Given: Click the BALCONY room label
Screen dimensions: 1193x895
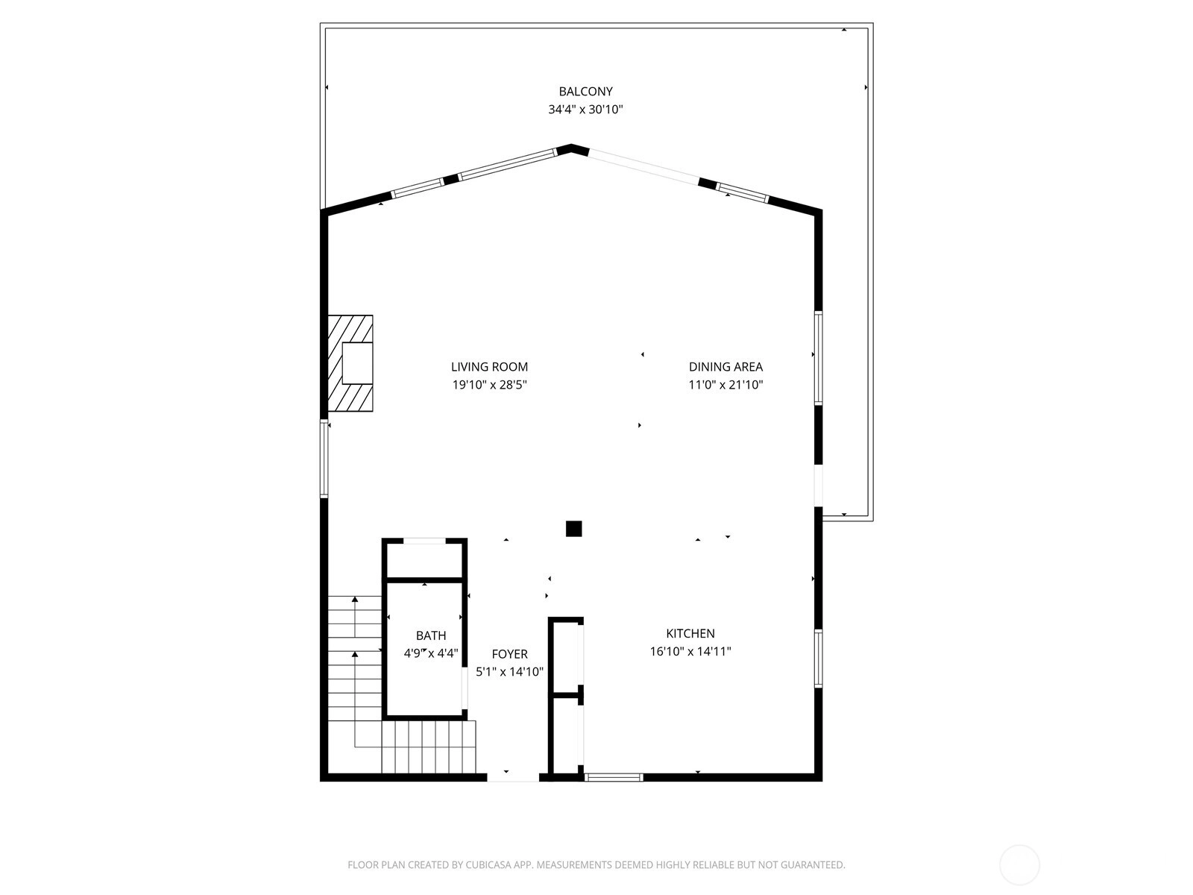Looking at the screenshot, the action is coord(585,91).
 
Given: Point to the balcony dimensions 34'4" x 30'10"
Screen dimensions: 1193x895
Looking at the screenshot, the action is coord(585,109).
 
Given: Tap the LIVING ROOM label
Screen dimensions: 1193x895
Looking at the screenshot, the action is coord(489,367).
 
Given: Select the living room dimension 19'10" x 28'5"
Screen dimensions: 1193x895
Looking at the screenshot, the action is coord(490,385).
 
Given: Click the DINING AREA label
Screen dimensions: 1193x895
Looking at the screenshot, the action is coord(725,367).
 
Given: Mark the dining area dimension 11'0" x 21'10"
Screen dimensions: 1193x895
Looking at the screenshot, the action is coord(725,385).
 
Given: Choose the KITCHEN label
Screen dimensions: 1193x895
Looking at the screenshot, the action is coord(690,633).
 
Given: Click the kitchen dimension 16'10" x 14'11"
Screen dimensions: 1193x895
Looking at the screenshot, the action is coord(690,651).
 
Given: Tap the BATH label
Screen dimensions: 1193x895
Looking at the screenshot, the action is coord(431,635).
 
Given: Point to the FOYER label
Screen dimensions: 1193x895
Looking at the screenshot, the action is coord(509,654).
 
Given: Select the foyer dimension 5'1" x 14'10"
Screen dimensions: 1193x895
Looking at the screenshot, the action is coord(509,672).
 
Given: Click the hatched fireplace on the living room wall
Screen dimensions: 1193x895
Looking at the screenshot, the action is coord(350,363).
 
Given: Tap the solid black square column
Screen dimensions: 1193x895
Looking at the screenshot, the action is coord(574,529).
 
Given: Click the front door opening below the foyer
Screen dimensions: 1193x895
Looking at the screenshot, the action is coord(512,778).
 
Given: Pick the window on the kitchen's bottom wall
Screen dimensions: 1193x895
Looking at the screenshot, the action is coord(614,778).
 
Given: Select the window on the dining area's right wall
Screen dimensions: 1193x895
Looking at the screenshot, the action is coord(818,358).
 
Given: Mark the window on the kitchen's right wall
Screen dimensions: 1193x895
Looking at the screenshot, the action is coord(818,658).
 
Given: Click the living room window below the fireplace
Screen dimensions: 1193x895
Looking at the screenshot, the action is coord(324,459).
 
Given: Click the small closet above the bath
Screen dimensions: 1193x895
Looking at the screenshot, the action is coord(424,559).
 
